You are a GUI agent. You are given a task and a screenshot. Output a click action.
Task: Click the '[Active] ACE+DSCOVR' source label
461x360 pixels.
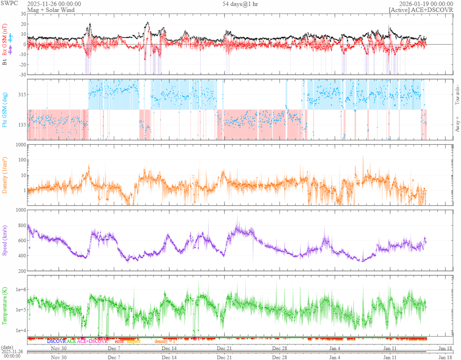(421, 10)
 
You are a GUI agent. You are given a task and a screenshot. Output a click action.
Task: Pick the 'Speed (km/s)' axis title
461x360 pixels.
(5, 240)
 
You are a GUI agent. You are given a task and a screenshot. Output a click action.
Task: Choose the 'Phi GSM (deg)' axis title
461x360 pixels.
(5, 109)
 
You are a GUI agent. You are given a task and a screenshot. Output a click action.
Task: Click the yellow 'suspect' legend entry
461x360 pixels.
(134, 341)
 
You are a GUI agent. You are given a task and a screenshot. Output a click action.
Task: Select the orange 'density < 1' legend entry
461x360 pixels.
(165, 341)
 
